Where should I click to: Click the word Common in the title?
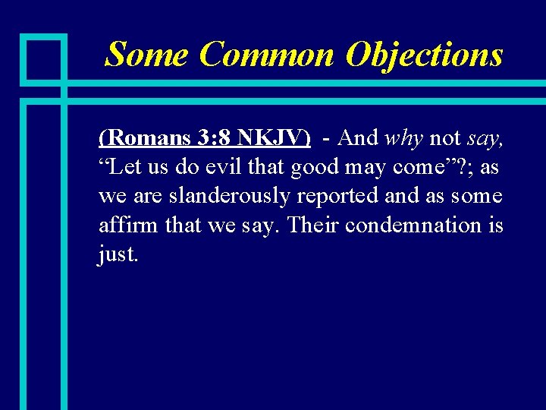point(265,55)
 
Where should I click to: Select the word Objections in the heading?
point(424,55)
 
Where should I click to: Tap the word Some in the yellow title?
point(147,55)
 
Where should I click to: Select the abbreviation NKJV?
point(272,137)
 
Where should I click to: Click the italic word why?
point(404,137)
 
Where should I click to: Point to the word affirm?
point(124,225)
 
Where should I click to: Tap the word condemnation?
point(411,225)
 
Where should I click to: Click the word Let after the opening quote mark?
point(126,167)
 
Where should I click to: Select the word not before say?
point(445,137)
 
